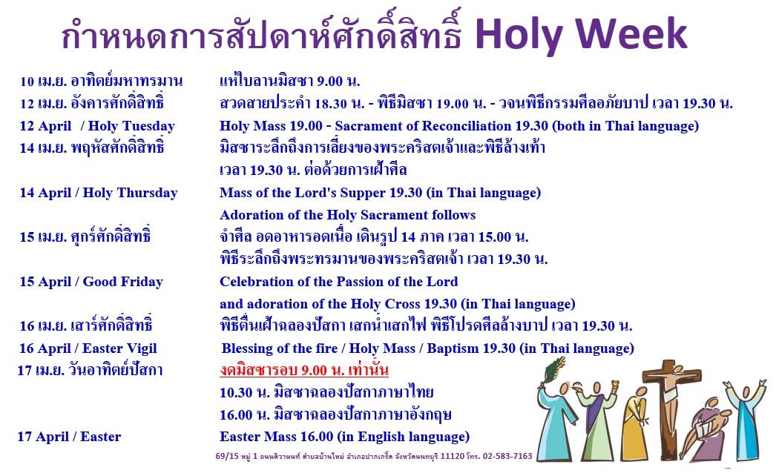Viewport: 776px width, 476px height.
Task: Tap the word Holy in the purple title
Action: pyautogui.click(x=519, y=36)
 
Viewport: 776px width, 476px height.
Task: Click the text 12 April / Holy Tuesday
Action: pyautogui.click(x=97, y=126)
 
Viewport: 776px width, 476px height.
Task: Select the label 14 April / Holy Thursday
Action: pyautogui.click(x=99, y=193)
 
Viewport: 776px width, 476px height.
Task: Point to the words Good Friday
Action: pyautogui.click(x=122, y=282)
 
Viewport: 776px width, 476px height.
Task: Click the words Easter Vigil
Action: pyautogui.click(x=119, y=348)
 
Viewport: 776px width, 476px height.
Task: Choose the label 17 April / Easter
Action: pyautogui.click(x=69, y=437)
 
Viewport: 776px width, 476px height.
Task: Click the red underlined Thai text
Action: pyautogui.click(x=304, y=370)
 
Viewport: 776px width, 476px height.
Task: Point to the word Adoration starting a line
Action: pyautogui.click(x=254, y=215)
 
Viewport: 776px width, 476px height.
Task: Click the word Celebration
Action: pyautogui.click(x=257, y=282)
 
